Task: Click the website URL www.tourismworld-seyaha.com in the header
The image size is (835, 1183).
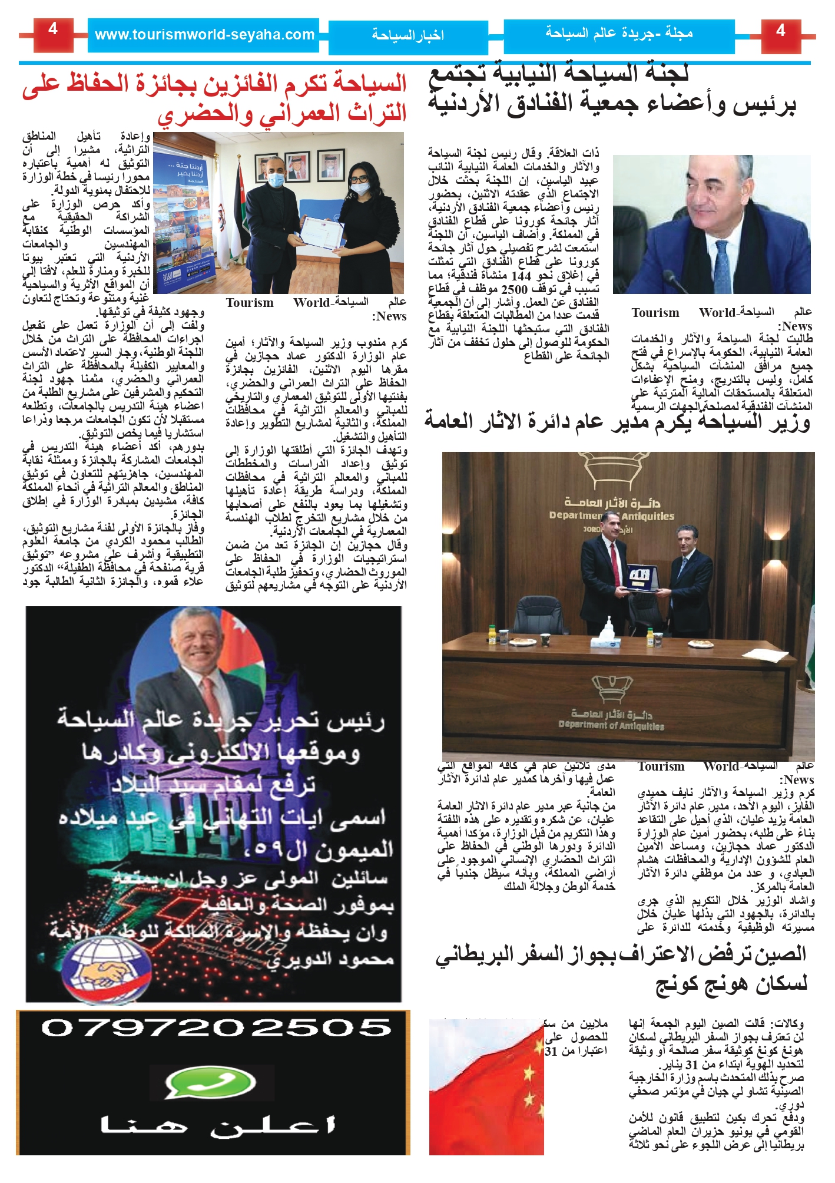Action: tap(204, 35)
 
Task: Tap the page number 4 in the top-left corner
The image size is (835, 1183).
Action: tap(53, 30)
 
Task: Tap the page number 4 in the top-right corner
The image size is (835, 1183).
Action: tap(781, 31)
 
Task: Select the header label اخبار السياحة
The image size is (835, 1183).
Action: tap(407, 36)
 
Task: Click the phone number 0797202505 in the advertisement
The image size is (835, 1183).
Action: tap(216, 1028)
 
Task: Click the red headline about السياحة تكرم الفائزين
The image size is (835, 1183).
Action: tap(214, 98)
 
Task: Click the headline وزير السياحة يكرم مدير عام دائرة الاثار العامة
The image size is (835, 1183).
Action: tap(617, 422)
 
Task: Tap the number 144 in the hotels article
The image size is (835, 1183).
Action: tap(522, 276)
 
